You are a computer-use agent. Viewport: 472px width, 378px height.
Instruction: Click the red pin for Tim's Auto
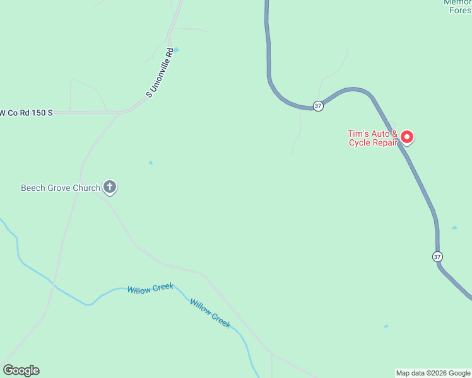click(407, 136)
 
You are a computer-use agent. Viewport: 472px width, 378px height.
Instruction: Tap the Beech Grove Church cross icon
click(110, 186)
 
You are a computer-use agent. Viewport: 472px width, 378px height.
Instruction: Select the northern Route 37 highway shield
click(318, 106)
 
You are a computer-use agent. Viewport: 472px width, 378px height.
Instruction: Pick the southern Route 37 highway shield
click(437, 256)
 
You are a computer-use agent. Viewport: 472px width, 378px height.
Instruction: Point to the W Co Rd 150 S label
click(25, 112)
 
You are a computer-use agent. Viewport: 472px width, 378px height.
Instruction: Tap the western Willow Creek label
click(150, 289)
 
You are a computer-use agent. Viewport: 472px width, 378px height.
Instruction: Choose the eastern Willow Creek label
click(210, 312)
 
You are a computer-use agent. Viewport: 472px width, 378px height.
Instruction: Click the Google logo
click(21, 370)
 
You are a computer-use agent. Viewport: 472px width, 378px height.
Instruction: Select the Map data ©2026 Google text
click(433, 373)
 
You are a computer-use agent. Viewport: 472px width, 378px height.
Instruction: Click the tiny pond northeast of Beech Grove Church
click(150, 163)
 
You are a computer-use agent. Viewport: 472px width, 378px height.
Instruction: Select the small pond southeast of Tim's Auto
click(454, 227)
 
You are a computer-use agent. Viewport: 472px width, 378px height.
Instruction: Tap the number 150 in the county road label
click(36, 112)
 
